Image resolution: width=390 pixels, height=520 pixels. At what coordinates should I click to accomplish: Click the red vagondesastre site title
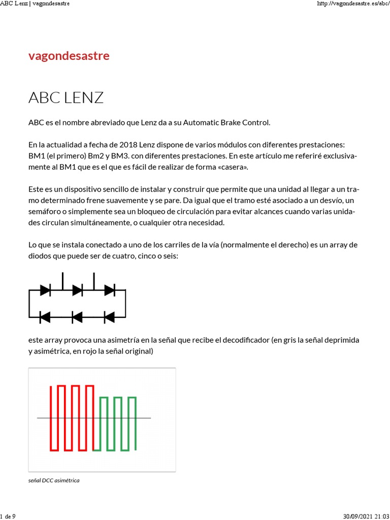(x=69, y=56)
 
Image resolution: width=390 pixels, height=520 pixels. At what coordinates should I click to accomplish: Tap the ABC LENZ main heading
(x=66, y=97)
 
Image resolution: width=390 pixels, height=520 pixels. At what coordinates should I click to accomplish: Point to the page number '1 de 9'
(x=8, y=516)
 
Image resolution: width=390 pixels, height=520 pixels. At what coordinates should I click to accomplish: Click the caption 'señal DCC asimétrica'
(x=54, y=480)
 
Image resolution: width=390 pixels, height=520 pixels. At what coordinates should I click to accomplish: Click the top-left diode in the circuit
(x=45, y=290)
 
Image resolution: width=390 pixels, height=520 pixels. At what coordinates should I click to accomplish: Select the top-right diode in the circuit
(x=109, y=290)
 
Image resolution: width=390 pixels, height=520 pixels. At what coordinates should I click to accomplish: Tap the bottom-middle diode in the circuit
(x=77, y=317)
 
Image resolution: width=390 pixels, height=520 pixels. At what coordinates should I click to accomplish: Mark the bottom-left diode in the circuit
(x=45, y=317)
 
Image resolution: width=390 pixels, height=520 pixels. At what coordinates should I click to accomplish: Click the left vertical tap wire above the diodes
(x=62, y=281)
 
